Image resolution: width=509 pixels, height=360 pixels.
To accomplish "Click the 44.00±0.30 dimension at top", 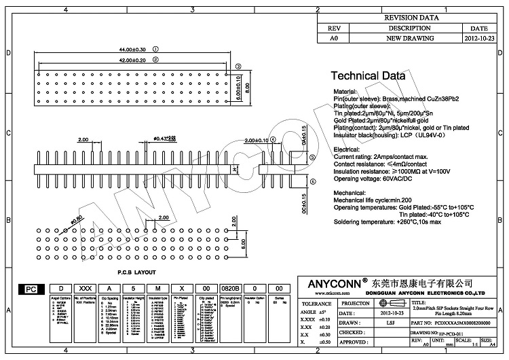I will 132,50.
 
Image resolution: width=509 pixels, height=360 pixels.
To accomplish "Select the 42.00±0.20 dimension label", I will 132,60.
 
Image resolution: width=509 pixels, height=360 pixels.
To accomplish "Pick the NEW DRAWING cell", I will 406,39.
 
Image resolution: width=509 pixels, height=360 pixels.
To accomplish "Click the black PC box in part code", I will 31,289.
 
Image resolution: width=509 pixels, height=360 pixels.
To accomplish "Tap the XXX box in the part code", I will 84,289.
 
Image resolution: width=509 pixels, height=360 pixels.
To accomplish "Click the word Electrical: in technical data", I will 347,149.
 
